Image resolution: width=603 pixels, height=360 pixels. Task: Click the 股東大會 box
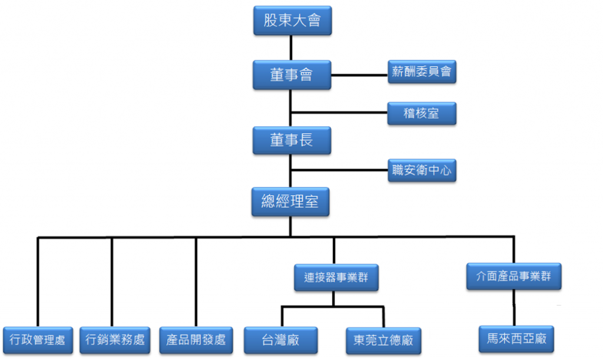[x=291, y=21]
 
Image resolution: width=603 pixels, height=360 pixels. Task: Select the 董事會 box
[x=291, y=75]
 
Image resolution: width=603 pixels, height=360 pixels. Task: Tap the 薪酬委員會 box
[x=422, y=72]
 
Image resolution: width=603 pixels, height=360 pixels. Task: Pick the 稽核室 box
[x=422, y=113]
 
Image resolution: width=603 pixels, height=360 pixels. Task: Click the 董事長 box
[x=291, y=140]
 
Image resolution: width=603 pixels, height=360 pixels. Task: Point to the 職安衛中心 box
[x=422, y=171]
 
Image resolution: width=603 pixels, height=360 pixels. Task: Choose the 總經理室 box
[x=290, y=202]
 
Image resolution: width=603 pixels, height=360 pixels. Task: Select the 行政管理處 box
[x=38, y=340]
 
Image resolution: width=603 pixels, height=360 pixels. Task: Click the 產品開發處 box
[x=196, y=340]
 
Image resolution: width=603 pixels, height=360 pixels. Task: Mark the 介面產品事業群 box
[x=514, y=276]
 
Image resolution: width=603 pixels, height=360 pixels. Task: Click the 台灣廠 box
[x=281, y=340]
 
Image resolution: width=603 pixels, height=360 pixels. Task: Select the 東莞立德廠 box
[x=383, y=340]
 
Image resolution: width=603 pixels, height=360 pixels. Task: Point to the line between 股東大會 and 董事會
[x=291, y=48]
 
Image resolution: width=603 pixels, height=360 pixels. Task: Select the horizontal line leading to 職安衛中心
[x=339, y=171]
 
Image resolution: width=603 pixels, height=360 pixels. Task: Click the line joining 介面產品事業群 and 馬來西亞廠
[x=515, y=308]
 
